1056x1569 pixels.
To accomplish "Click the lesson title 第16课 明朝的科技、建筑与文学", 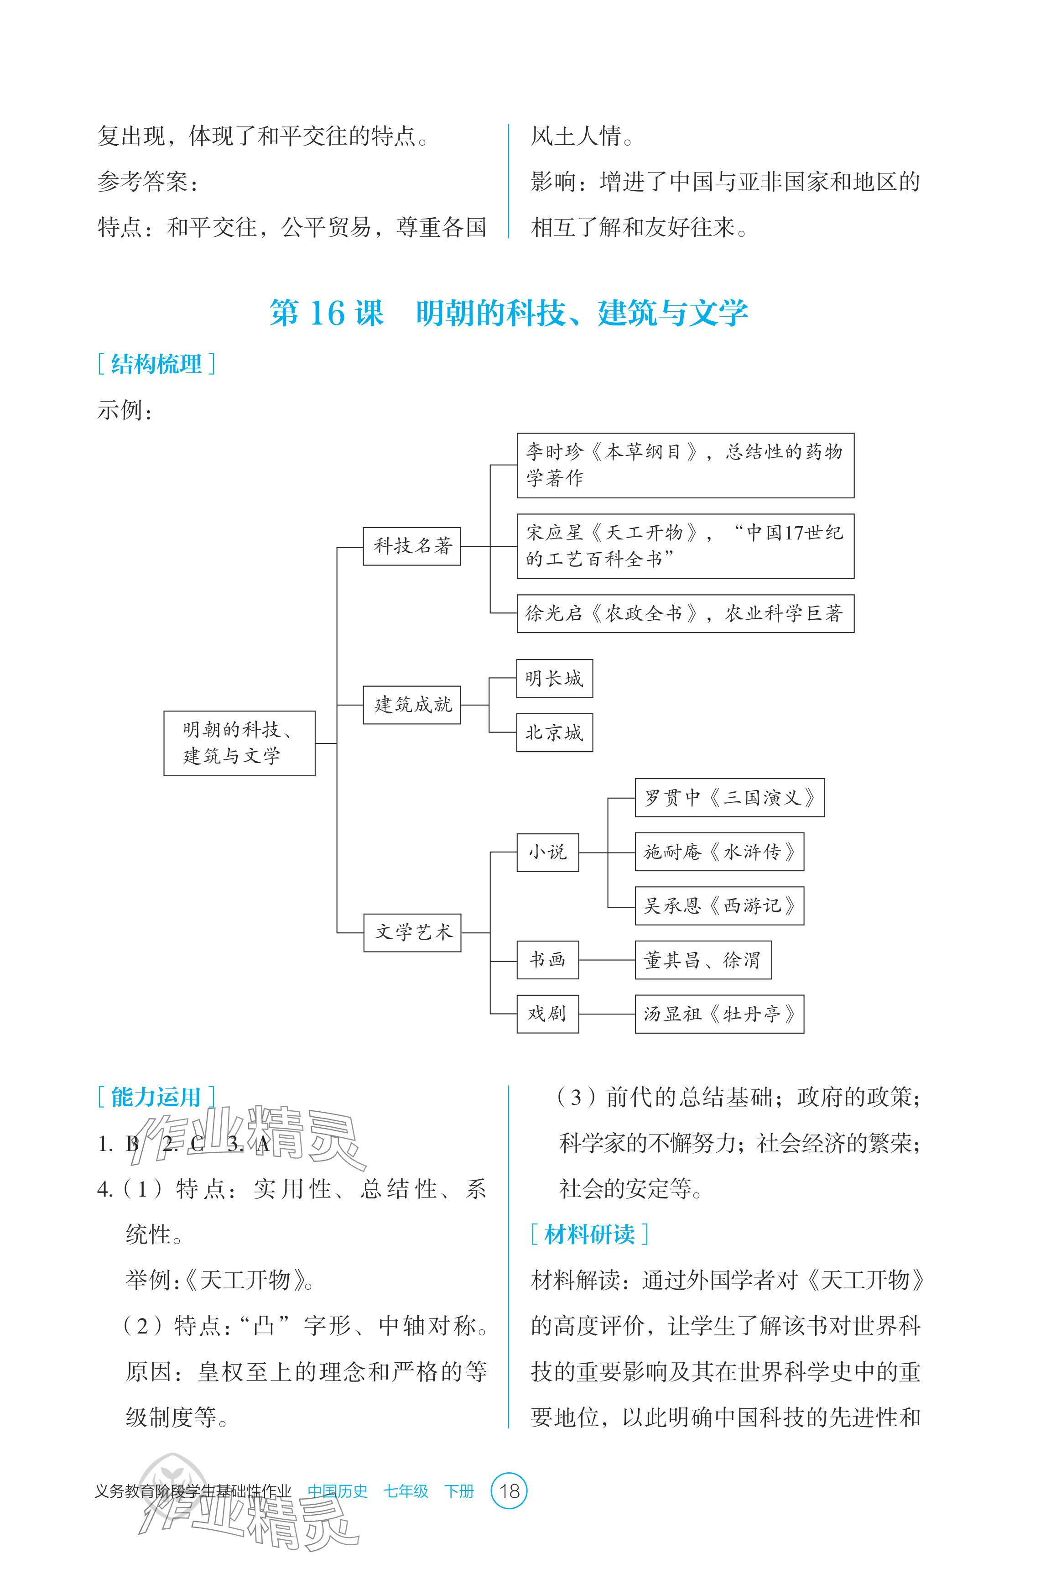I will (x=509, y=313).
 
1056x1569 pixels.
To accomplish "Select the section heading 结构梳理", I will (x=156, y=365).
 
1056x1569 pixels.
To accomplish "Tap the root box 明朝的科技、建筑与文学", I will (x=239, y=743).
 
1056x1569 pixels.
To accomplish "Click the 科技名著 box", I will (x=411, y=546).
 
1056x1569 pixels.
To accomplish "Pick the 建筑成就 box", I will (x=411, y=705).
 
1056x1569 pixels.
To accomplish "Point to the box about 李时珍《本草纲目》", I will (x=685, y=465).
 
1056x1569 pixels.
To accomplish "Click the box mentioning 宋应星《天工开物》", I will (x=685, y=546).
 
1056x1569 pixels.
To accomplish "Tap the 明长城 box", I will (x=554, y=679).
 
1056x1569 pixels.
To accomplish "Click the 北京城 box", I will (x=554, y=732).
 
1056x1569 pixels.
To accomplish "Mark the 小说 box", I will (x=547, y=852).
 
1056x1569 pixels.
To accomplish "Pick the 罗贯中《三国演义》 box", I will (x=729, y=798).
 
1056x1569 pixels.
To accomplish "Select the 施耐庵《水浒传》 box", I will (x=719, y=852).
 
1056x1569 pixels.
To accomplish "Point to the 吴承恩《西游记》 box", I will (x=719, y=906).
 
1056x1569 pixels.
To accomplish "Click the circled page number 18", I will (x=510, y=1491).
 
